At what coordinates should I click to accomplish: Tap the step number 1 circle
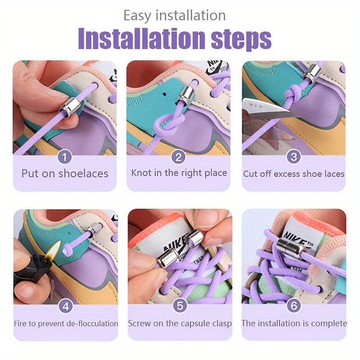coord(65,157)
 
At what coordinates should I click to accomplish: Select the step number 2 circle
coord(179,157)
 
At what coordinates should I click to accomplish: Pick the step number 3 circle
coord(294,157)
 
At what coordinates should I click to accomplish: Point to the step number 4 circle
coord(65,306)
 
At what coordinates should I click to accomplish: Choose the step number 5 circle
coord(180,306)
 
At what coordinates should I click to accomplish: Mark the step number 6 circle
coord(294,306)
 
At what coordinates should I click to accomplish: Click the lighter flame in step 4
coord(55,250)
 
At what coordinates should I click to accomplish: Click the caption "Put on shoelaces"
coord(65,174)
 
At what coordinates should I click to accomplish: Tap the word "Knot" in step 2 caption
coord(141,173)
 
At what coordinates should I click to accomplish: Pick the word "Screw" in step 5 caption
coord(140,323)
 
